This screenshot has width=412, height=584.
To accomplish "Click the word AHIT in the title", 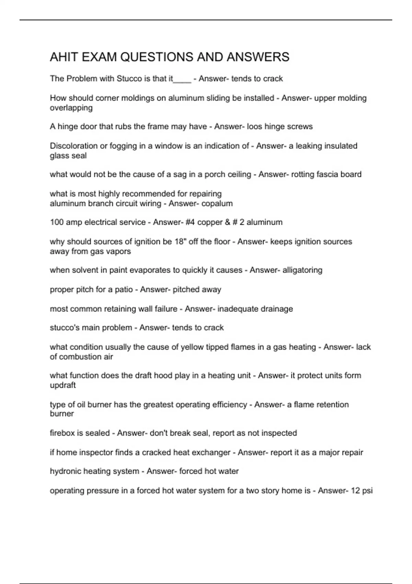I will (x=64, y=57).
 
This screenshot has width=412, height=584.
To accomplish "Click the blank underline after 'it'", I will (x=182, y=81).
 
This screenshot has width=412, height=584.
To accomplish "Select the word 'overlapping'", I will (x=71, y=108).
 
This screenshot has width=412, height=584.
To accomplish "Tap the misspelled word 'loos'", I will (x=254, y=127).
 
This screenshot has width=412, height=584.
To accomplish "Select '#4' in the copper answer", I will (x=190, y=223).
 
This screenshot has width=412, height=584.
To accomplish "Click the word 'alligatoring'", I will (x=302, y=270).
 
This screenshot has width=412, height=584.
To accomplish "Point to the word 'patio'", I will (x=124, y=290).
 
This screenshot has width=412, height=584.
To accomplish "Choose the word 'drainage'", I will (x=277, y=309).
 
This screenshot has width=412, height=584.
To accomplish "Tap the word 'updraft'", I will (x=62, y=385).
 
